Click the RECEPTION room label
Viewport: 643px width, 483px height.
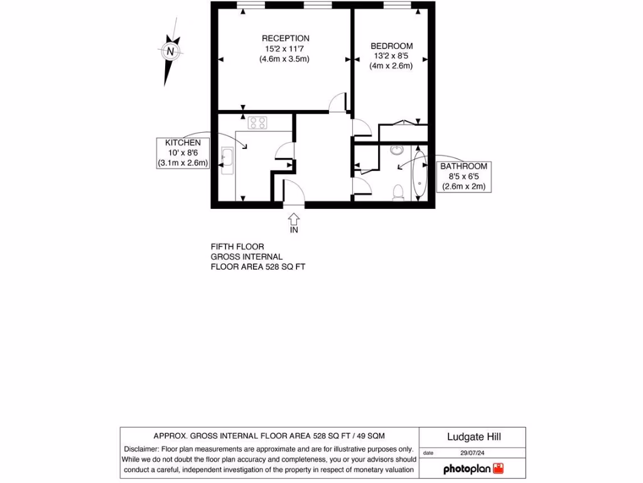(x=285, y=38)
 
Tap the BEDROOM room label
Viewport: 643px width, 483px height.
(x=391, y=46)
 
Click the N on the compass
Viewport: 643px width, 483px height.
(x=170, y=51)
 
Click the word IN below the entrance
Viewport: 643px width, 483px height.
(x=294, y=230)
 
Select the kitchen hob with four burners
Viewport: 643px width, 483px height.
(x=257, y=123)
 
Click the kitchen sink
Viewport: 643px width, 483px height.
(x=227, y=158)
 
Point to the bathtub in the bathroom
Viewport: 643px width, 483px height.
(x=419, y=173)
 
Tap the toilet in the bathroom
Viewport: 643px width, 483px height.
(x=397, y=192)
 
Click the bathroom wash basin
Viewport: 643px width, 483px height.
(x=396, y=150)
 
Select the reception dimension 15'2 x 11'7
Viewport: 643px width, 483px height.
(x=285, y=48)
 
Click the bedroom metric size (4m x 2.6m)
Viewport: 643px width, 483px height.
(x=391, y=65)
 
